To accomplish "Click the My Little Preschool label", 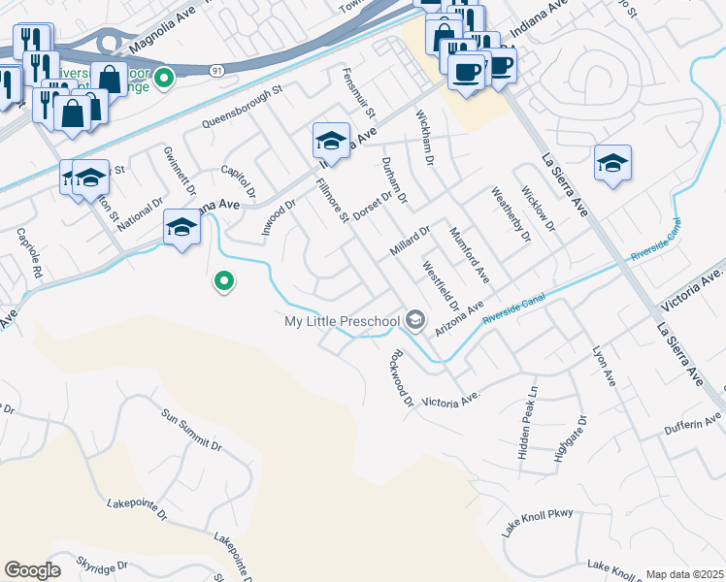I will tap(342, 321).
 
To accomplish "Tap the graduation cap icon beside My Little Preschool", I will tap(415, 319).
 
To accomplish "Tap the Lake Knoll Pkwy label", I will tap(538, 523).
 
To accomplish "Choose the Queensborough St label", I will tap(241, 107).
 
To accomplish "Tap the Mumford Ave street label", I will tap(468, 255).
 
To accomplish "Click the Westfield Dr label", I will tap(440, 280).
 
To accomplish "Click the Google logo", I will tap(32, 570).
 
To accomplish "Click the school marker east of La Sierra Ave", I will tap(612, 162).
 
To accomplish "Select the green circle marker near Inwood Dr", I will tap(223, 282).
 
